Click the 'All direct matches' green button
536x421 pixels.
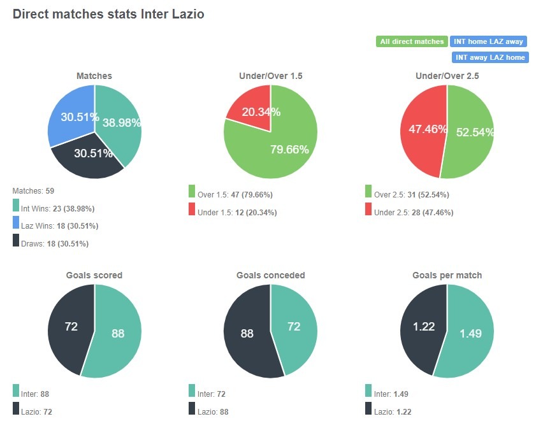click(x=411, y=41)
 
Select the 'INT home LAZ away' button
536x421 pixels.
click(x=488, y=41)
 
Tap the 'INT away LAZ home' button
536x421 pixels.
click(x=490, y=57)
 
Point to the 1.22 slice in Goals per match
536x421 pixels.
click(x=423, y=327)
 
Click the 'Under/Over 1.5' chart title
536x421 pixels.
click(x=270, y=76)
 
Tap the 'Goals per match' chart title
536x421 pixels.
click(x=447, y=275)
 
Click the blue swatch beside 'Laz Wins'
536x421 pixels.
click(x=16, y=223)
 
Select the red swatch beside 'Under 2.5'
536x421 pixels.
click(x=368, y=209)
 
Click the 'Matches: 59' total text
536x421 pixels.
click(x=34, y=190)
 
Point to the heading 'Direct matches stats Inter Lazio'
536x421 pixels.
click(x=108, y=13)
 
